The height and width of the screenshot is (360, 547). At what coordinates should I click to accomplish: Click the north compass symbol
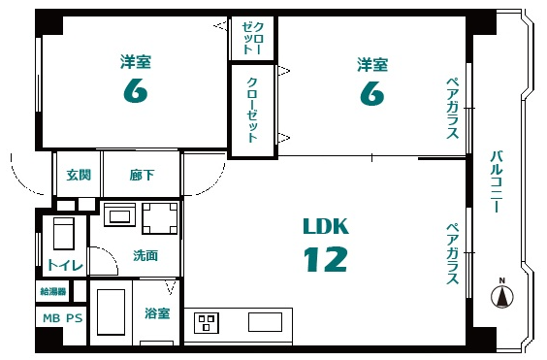(502, 296)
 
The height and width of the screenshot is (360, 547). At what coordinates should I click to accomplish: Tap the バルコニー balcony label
(496, 181)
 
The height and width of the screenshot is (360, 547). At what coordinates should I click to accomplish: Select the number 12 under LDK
(326, 259)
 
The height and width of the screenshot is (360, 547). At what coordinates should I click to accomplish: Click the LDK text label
(326, 226)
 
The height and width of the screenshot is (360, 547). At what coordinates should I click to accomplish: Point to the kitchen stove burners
(207, 322)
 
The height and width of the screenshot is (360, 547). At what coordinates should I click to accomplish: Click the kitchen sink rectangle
(265, 322)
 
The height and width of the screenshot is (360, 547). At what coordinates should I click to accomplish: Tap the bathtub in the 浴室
(111, 311)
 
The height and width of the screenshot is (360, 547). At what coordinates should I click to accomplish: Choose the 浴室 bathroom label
(157, 313)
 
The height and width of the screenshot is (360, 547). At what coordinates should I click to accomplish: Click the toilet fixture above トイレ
(63, 233)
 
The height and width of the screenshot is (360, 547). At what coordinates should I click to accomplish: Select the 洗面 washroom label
(145, 256)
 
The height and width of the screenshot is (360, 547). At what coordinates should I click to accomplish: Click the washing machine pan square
(160, 218)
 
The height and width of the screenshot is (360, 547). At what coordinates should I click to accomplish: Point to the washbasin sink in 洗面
(119, 214)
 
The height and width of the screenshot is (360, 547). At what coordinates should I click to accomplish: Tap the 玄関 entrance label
(79, 175)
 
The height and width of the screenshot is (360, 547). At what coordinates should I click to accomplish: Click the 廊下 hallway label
(142, 175)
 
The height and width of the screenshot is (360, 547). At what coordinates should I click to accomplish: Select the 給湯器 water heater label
(53, 291)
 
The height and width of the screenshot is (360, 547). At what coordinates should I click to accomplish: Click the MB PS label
(63, 318)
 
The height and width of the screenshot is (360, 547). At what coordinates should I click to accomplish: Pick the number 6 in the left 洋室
(136, 90)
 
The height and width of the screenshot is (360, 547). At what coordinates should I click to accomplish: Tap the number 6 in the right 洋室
(372, 93)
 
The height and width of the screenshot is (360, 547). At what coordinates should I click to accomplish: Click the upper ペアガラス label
(453, 109)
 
